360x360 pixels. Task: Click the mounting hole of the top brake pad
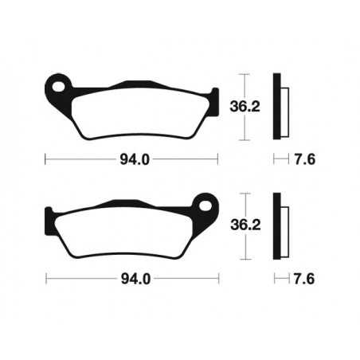(x=57, y=83)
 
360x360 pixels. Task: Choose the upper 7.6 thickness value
(x=301, y=157)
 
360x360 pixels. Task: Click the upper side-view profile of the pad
(x=278, y=104)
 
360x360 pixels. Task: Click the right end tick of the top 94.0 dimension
(x=217, y=157)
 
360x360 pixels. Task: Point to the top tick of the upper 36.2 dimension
(x=246, y=74)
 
